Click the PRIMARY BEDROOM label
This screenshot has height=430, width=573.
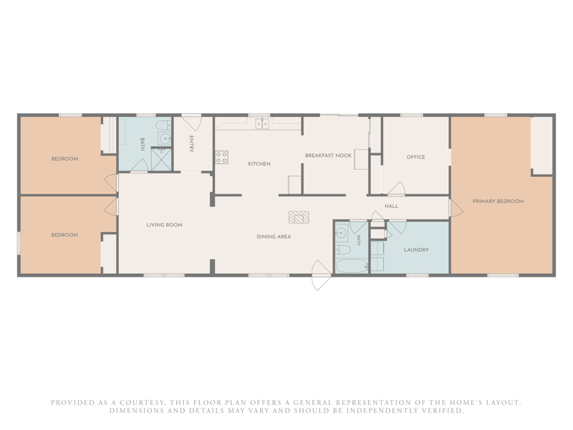tap(498, 201)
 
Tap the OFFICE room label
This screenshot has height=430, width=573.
tap(416, 157)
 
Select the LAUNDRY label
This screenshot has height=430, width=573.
tap(416, 249)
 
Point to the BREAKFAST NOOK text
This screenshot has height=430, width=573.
tap(328, 156)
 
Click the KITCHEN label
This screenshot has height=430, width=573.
tap(259, 164)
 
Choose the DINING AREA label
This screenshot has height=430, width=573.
tap(274, 236)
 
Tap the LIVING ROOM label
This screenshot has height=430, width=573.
tap(165, 225)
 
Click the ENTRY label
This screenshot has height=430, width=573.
tap(191, 144)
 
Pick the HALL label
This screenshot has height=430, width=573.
tap(391, 206)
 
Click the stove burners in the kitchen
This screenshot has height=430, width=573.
tap(221, 157)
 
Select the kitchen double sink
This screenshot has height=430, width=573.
tap(262, 124)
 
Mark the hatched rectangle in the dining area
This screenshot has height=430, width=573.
tap(299, 217)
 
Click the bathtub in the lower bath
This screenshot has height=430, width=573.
tap(352, 266)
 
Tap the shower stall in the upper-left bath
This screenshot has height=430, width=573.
tap(161, 158)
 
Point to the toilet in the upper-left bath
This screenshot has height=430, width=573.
tap(164, 125)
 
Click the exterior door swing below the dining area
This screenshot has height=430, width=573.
tap(322, 275)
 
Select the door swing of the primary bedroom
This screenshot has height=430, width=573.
tap(456, 208)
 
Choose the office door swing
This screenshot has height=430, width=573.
tap(397, 188)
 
